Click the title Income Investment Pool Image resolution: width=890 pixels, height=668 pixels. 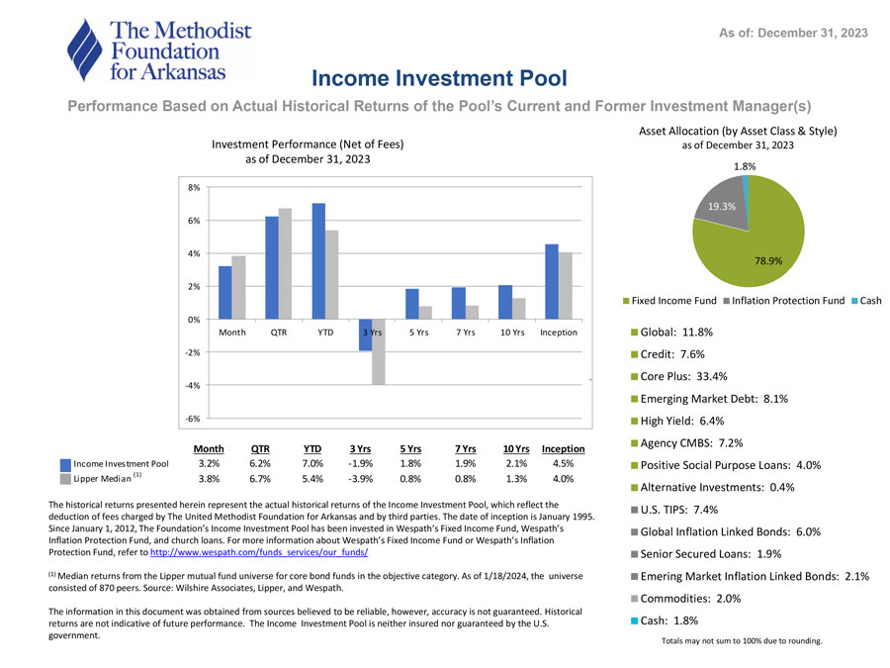click(439, 77)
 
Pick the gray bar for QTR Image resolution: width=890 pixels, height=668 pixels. click(285, 263)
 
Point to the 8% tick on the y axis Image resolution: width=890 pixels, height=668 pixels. click(194, 187)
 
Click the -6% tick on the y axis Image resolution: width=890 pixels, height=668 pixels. click(193, 418)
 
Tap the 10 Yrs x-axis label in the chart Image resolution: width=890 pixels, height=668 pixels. click(511, 333)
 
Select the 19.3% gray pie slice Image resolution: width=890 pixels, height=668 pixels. click(718, 203)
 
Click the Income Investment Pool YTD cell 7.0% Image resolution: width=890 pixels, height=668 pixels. click(312, 463)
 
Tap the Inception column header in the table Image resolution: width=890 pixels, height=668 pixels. click(563, 448)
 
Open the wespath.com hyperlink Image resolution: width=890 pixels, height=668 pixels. click(258, 552)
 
